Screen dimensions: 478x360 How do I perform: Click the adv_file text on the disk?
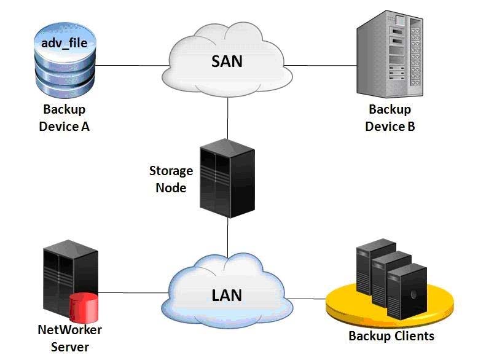(x=65, y=43)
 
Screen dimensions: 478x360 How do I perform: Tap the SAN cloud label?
(x=227, y=61)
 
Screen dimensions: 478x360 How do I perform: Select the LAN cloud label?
(x=227, y=295)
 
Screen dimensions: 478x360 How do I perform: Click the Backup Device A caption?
(x=65, y=118)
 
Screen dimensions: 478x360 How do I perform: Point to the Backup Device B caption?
(x=390, y=118)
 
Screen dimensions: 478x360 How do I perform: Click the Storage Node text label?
(x=171, y=179)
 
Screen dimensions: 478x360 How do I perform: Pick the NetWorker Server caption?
(x=70, y=338)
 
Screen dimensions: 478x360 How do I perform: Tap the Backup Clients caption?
(x=391, y=336)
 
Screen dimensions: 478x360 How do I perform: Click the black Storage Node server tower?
(x=227, y=178)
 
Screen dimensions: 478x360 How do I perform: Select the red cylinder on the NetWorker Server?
(x=84, y=308)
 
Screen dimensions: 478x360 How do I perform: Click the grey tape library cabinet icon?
(x=390, y=54)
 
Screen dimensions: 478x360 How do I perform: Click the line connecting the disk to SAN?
(x=132, y=65)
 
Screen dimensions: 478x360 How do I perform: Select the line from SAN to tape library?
(x=321, y=65)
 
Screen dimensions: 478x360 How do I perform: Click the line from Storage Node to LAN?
(x=227, y=237)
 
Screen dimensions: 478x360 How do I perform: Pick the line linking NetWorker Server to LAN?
(x=133, y=292)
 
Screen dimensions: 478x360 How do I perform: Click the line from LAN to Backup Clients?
(x=307, y=299)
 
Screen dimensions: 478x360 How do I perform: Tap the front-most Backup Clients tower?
(x=407, y=292)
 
